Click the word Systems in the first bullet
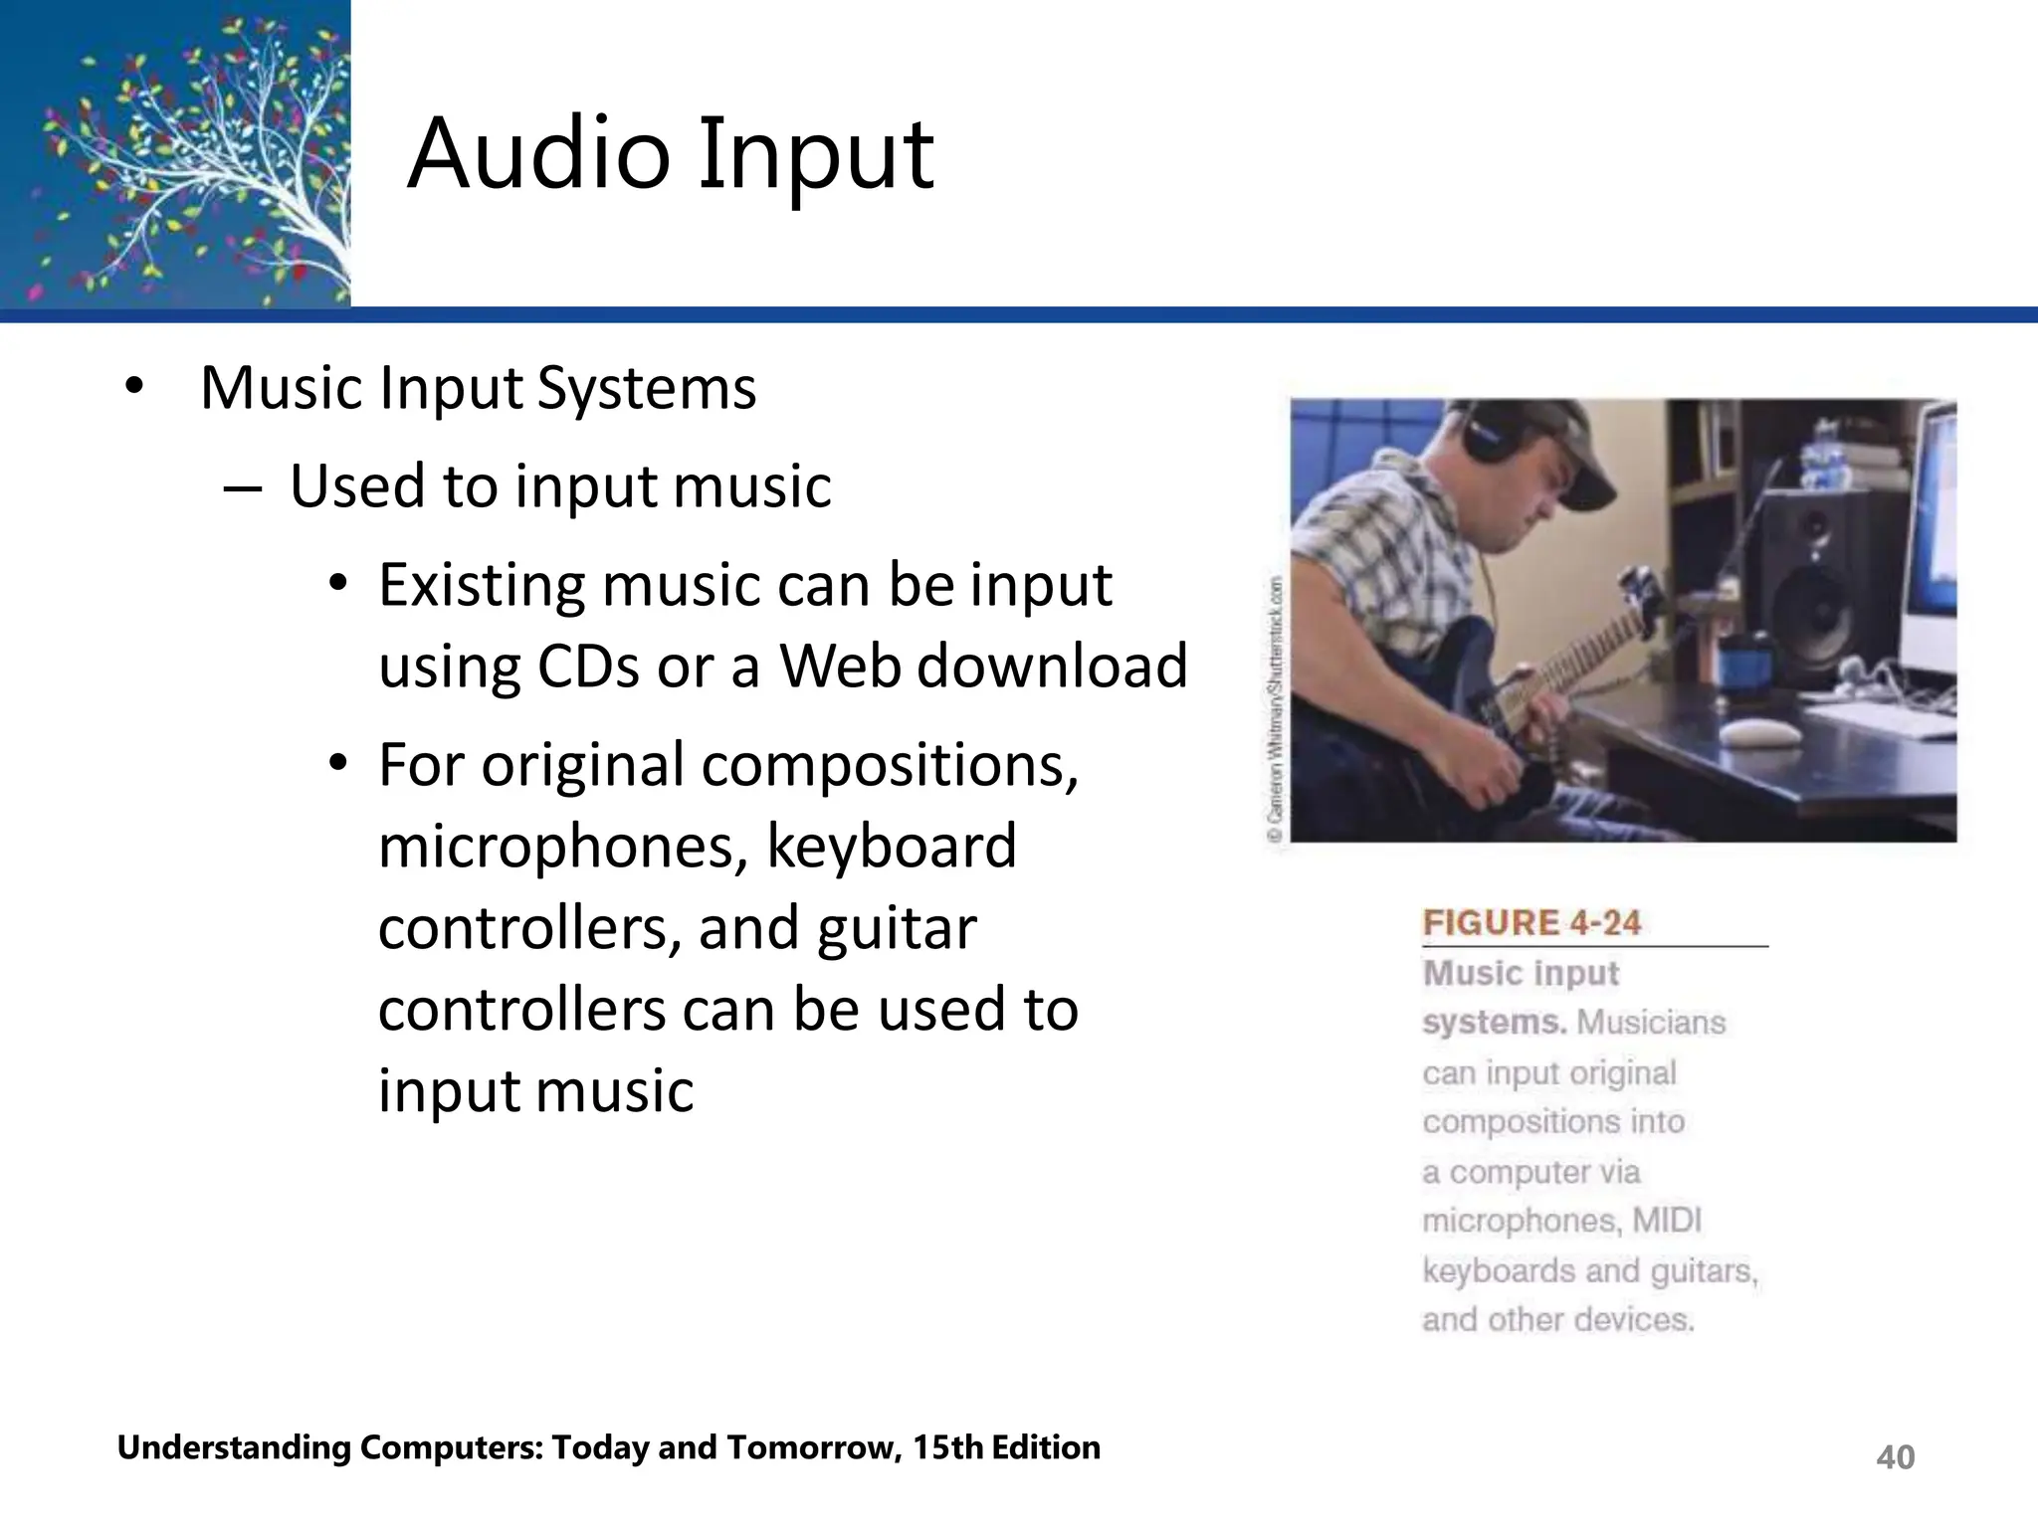(646, 388)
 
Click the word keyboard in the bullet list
(891, 847)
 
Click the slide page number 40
(1895, 1457)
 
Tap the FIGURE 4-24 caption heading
(1531, 923)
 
